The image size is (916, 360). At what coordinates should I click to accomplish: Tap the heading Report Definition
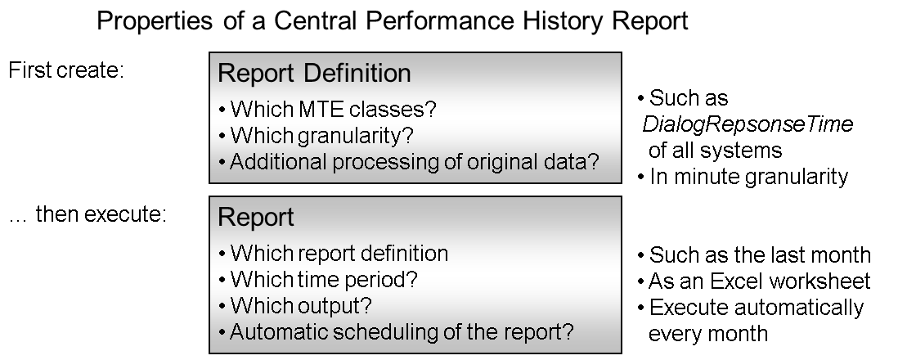(x=314, y=73)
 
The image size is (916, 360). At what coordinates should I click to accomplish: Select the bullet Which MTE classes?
(x=328, y=109)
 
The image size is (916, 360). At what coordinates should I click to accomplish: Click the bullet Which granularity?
(x=316, y=136)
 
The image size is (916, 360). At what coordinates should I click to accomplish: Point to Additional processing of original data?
(x=409, y=161)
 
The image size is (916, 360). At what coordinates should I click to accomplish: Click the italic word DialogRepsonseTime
(x=748, y=124)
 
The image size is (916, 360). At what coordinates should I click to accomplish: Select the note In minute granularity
(x=743, y=176)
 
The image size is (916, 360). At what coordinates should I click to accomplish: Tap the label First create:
(x=66, y=70)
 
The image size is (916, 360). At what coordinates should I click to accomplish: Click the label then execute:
(x=101, y=214)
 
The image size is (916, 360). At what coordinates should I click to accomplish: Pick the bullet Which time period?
(x=318, y=279)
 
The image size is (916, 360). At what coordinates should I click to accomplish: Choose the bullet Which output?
(x=295, y=306)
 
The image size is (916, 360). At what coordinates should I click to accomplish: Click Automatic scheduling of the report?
(x=397, y=332)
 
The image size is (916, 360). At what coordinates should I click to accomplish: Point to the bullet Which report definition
(x=334, y=254)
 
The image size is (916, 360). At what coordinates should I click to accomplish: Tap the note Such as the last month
(x=754, y=254)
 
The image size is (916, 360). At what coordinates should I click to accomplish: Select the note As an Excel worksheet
(x=754, y=281)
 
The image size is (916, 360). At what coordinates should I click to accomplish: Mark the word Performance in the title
(x=440, y=21)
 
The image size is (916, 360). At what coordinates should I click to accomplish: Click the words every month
(x=708, y=334)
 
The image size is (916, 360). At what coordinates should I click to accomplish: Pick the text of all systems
(x=715, y=151)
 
